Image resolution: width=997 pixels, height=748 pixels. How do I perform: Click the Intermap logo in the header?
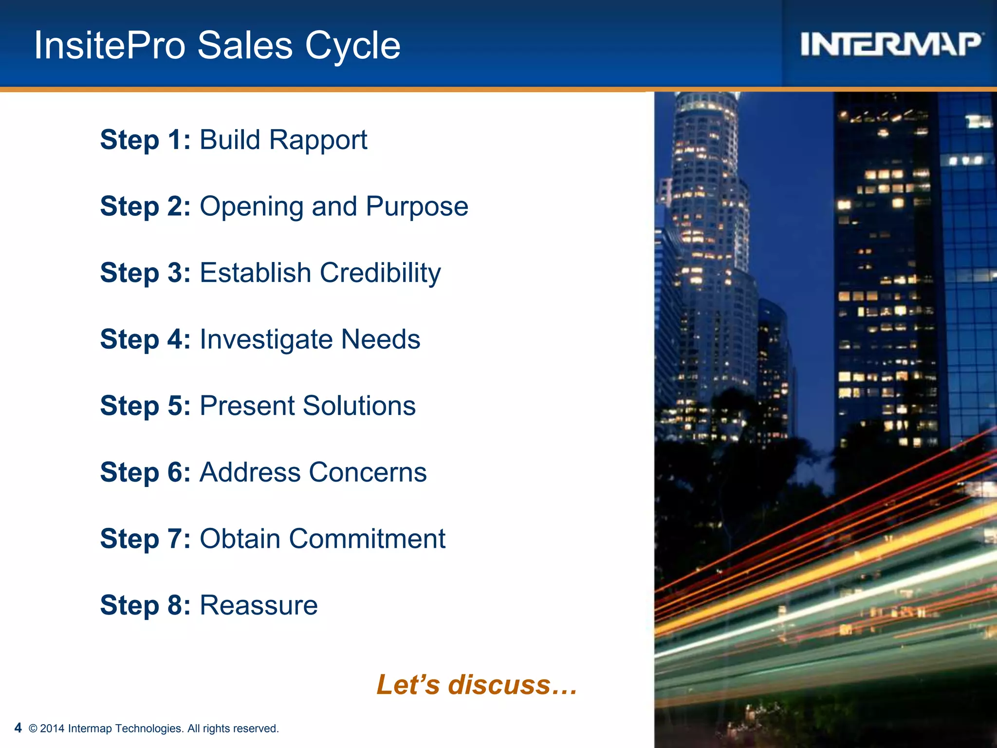point(890,44)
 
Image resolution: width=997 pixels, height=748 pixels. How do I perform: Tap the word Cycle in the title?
point(352,46)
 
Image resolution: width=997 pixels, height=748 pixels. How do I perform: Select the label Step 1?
point(145,140)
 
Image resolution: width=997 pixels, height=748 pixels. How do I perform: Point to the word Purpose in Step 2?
point(417,207)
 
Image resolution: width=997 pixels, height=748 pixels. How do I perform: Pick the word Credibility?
point(380,273)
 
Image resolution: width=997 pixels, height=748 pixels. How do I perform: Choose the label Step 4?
point(145,339)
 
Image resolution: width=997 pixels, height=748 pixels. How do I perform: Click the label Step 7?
point(145,539)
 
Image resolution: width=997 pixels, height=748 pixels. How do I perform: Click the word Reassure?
point(258,605)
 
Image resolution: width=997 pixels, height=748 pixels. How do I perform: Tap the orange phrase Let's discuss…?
point(477,685)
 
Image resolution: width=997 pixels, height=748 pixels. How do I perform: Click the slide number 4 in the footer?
point(18,728)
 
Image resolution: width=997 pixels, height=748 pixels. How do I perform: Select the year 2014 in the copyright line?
point(52,729)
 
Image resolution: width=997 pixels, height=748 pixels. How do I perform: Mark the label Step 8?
point(145,605)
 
